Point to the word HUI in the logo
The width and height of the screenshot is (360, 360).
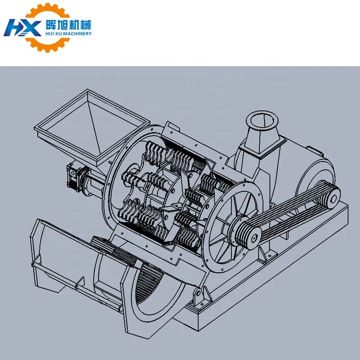pyautogui.click(x=50, y=33)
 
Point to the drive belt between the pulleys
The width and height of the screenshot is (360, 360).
pyautogui.click(x=292, y=211)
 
